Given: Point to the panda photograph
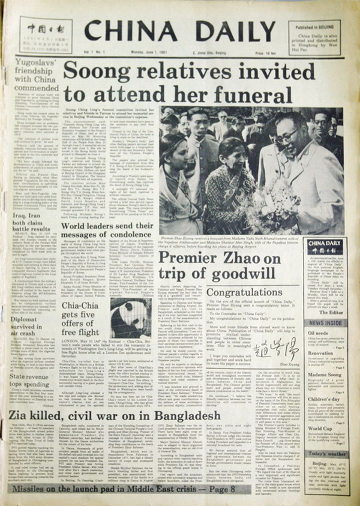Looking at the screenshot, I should coord(131,318).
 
